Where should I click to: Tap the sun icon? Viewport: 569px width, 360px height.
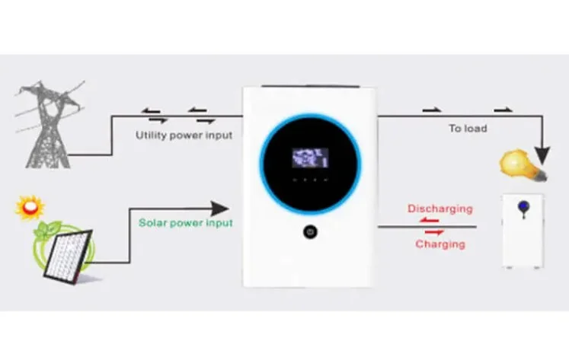click(30, 207)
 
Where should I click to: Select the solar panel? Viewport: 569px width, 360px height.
click(68, 256)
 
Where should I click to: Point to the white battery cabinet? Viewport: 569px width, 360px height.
click(523, 231)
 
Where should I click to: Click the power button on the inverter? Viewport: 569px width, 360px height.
click(310, 232)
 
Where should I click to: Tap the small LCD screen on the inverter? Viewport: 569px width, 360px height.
click(310, 158)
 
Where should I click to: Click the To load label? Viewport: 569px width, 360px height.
click(468, 129)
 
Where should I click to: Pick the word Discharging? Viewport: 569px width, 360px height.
click(440, 209)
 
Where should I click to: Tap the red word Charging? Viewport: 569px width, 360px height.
click(440, 244)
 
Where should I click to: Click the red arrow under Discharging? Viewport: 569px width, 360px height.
click(430, 220)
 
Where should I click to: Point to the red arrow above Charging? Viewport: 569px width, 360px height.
click(434, 232)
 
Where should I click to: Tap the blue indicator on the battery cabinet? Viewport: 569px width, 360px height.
click(523, 207)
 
